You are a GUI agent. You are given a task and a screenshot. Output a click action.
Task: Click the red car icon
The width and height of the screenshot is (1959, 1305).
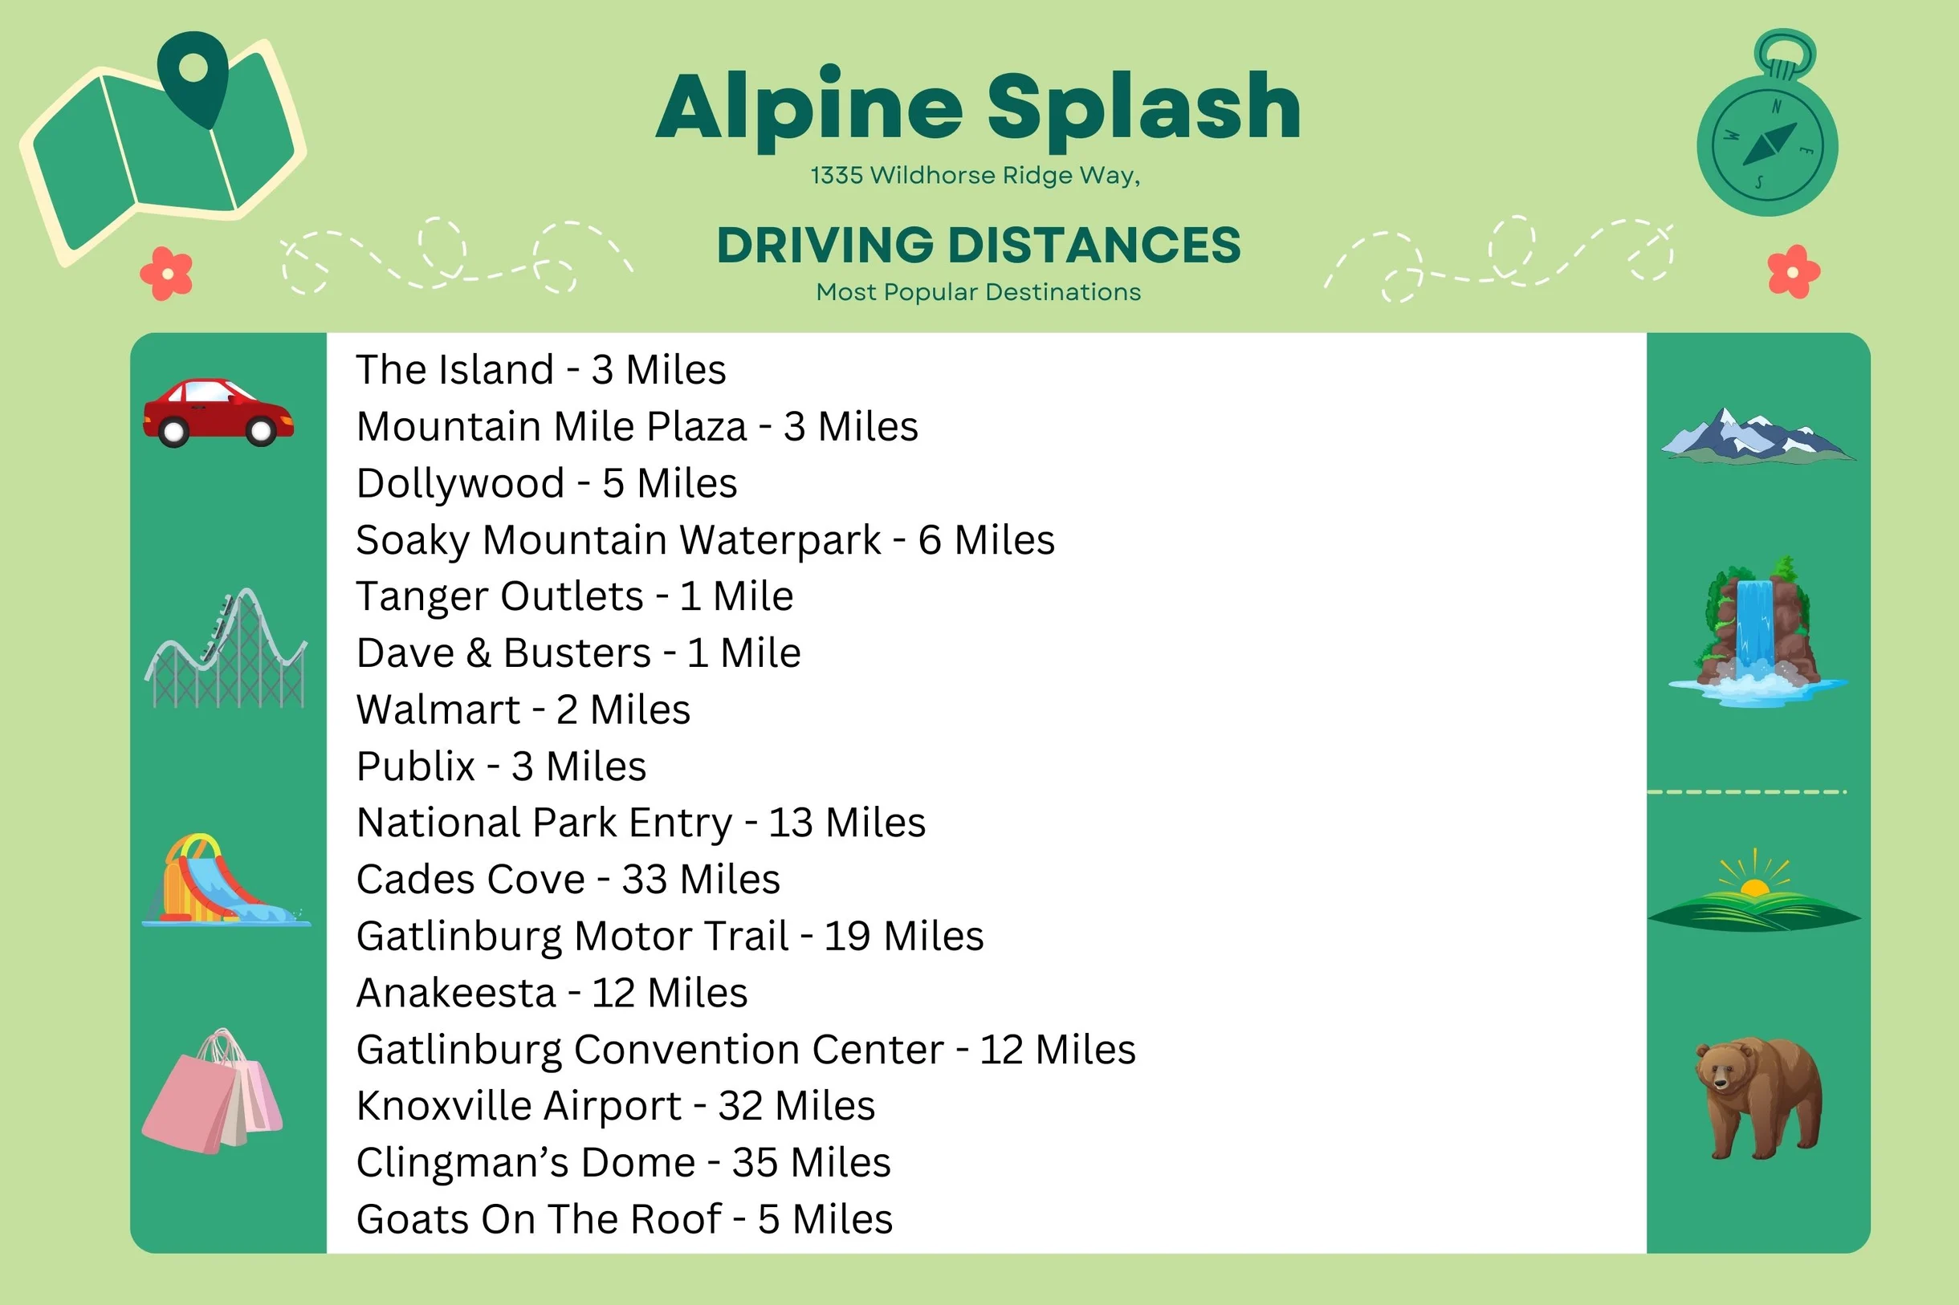(218, 413)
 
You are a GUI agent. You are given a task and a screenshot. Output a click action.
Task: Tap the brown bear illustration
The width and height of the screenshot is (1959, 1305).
(1758, 1098)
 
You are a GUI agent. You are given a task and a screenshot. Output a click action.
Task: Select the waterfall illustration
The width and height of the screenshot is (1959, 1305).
(1757, 632)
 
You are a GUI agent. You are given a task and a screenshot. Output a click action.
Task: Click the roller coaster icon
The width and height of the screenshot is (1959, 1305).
(226, 648)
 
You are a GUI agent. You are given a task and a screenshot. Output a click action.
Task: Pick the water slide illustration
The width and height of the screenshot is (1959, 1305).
(225, 880)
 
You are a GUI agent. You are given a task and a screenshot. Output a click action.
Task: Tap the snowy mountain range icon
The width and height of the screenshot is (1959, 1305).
(1757, 435)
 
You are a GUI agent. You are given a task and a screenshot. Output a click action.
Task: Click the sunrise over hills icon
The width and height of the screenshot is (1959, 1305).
(1754, 891)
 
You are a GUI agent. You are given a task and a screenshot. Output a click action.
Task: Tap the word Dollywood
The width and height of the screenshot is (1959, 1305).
(460, 483)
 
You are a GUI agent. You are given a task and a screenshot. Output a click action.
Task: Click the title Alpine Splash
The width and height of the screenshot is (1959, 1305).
(978, 108)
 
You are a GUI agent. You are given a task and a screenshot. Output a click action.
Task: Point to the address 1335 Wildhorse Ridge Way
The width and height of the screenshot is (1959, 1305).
(975, 176)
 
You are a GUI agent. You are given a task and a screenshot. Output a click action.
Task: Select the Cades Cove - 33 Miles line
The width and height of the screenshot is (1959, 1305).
(568, 880)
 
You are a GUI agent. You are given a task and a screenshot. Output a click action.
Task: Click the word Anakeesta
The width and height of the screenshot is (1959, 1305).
(456, 993)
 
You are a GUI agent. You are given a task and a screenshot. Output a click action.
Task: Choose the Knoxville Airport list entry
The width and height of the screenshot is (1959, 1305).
(616, 1106)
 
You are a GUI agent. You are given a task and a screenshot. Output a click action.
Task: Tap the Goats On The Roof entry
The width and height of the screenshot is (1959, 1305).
(625, 1219)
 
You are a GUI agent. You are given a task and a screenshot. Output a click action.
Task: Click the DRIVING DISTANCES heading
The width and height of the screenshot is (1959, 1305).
(979, 245)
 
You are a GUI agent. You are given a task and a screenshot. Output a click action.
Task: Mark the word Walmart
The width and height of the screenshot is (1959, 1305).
(438, 710)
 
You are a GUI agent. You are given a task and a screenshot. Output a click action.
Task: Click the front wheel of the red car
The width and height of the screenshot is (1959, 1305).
(260, 431)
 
